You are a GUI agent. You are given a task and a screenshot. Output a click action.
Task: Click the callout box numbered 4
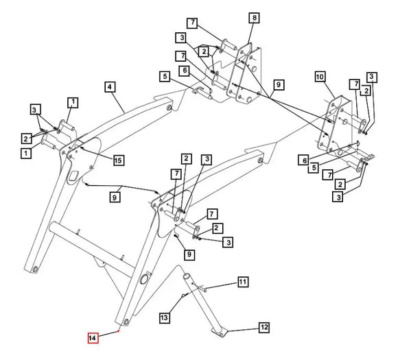coord(109,87)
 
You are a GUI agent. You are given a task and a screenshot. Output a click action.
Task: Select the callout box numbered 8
coord(255,18)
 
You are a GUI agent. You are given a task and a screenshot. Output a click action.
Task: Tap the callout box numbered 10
coord(320,77)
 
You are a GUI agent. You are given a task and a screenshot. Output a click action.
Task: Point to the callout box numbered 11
coord(243,282)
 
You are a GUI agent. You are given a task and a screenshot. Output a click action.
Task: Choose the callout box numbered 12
coord(264,327)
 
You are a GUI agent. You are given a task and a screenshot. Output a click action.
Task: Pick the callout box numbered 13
coord(165,317)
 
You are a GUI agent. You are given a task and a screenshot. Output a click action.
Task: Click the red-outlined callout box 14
coord(93,337)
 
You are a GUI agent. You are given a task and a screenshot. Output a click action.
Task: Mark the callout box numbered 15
coord(119,160)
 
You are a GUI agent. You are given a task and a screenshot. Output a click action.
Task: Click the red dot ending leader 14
coord(118,331)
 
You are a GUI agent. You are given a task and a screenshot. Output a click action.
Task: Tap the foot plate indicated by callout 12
coord(220,332)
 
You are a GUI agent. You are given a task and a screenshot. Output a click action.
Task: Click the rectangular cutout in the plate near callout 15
coord(73,175)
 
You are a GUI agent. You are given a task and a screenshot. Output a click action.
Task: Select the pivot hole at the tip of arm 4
coord(169,108)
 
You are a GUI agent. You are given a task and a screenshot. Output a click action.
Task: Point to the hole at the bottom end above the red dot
coord(126,322)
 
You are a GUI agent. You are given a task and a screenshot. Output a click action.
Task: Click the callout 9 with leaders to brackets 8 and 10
coord(279,84)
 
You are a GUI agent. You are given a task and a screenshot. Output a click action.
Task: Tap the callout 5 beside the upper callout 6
coord(165,76)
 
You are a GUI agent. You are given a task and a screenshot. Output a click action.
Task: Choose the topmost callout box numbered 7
coord(193,23)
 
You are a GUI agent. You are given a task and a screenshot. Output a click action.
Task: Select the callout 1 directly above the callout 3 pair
coord(73,102)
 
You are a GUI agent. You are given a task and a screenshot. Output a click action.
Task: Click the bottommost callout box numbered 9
coord(189,254)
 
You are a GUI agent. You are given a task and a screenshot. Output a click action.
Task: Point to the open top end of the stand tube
coord(187,276)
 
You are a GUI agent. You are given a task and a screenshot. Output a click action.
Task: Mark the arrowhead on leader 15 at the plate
coord(82,147)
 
